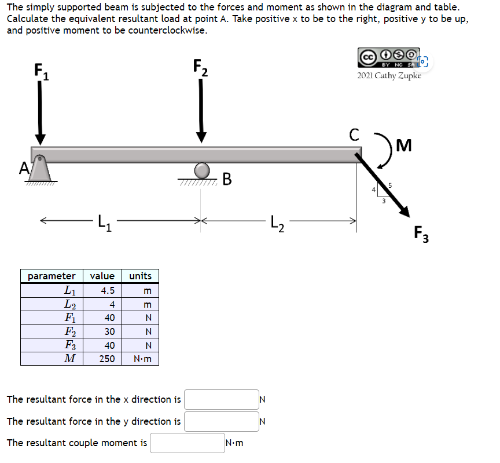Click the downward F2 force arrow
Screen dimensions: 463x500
[x=201, y=110]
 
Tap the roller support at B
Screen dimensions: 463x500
[x=201, y=170]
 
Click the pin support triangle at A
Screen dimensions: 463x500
[x=39, y=170]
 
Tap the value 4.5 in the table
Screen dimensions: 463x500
[x=107, y=290]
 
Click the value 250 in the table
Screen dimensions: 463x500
[x=106, y=359]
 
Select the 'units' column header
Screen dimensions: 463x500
[x=140, y=276]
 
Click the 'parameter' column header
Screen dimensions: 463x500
[x=52, y=276]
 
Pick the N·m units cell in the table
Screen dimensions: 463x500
[x=141, y=359]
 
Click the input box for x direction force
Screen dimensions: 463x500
[x=222, y=399]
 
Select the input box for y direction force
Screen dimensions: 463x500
[x=222, y=421]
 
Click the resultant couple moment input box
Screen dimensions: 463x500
[x=187, y=443]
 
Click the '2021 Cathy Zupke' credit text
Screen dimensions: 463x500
[x=389, y=76]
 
